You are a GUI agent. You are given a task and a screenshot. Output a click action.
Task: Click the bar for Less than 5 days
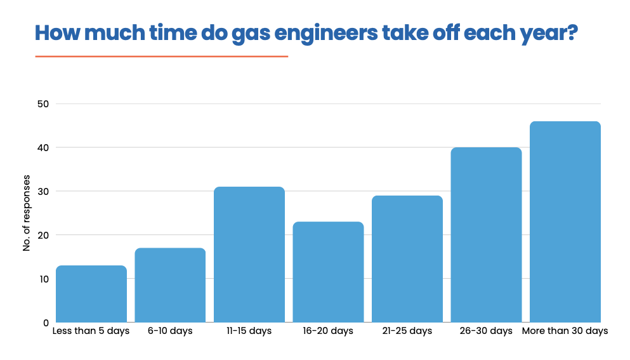click(91, 294)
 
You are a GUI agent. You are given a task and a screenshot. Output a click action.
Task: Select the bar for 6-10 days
click(170, 285)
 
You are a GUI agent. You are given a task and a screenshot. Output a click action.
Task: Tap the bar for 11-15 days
click(249, 255)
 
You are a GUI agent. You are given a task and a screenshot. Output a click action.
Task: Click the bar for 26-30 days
click(486, 235)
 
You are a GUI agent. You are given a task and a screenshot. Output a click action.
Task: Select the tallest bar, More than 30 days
click(565, 222)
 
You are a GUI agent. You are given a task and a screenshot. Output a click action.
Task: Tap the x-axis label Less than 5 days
click(91, 331)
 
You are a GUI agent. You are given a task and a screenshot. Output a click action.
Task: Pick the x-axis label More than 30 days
click(565, 331)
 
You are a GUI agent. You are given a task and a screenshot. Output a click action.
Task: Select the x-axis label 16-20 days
click(328, 331)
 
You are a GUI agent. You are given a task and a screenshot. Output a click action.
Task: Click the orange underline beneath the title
click(162, 57)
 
